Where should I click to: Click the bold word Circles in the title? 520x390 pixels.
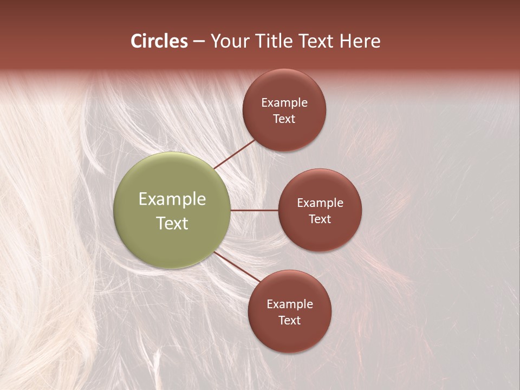[x=159, y=41]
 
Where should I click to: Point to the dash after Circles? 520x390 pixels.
[x=199, y=42]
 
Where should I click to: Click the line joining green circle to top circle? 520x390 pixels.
[x=235, y=154]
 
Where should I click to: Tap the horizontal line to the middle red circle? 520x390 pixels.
[x=254, y=210]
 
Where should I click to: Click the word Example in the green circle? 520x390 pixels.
[x=172, y=199]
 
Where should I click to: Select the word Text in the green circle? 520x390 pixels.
[x=172, y=223]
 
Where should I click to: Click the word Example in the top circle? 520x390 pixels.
[x=284, y=103]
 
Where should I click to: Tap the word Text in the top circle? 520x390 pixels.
[x=284, y=119]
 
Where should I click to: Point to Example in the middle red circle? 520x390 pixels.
[x=320, y=203]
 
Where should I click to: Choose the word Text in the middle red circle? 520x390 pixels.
[x=320, y=219]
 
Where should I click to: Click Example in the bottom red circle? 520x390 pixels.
[x=290, y=304]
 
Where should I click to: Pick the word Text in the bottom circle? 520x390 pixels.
[x=290, y=321]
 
